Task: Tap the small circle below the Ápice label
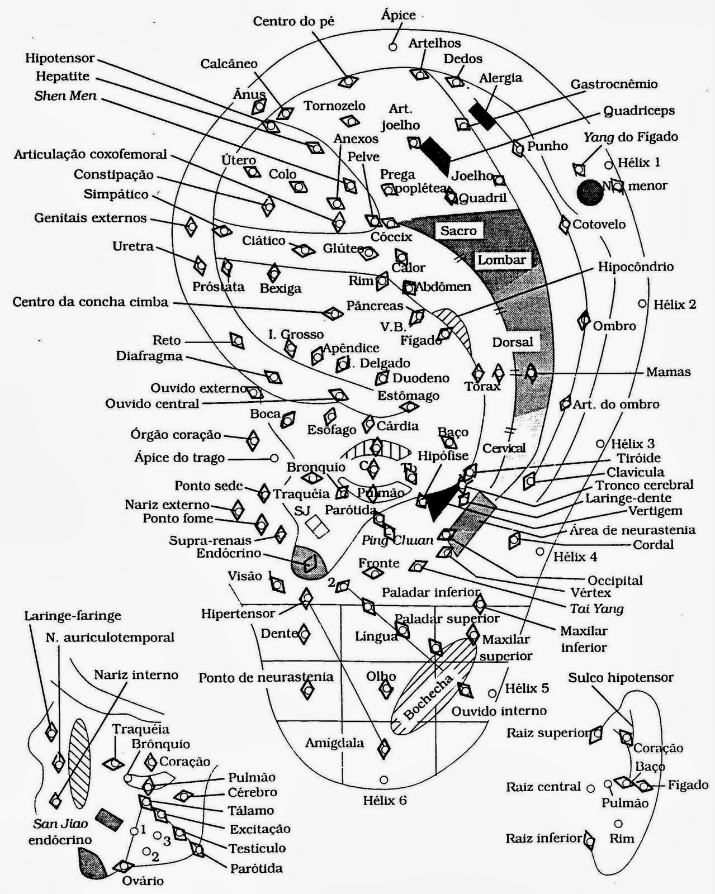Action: point(393,47)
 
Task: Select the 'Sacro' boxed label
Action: point(458,231)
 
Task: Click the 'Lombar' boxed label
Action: point(501,260)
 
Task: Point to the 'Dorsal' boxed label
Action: point(513,341)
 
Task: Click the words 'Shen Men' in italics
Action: point(65,96)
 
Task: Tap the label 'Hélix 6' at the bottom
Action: point(385,800)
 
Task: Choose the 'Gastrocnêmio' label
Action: point(614,84)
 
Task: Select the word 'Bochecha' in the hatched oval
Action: point(428,700)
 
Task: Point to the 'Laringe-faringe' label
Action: point(73,616)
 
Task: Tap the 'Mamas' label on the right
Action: point(668,372)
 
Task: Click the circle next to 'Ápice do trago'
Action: point(274,458)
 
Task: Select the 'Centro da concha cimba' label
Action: point(90,302)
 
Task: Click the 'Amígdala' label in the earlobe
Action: point(334,743)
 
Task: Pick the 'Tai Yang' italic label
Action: point(596,608)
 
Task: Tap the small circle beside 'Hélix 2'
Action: point(642,304)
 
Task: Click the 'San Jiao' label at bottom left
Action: point(48,825)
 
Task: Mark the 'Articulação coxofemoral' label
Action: point(91,154)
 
